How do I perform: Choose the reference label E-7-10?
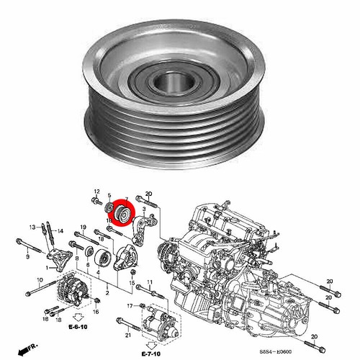[151, 354]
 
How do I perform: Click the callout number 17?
[131, 305]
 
